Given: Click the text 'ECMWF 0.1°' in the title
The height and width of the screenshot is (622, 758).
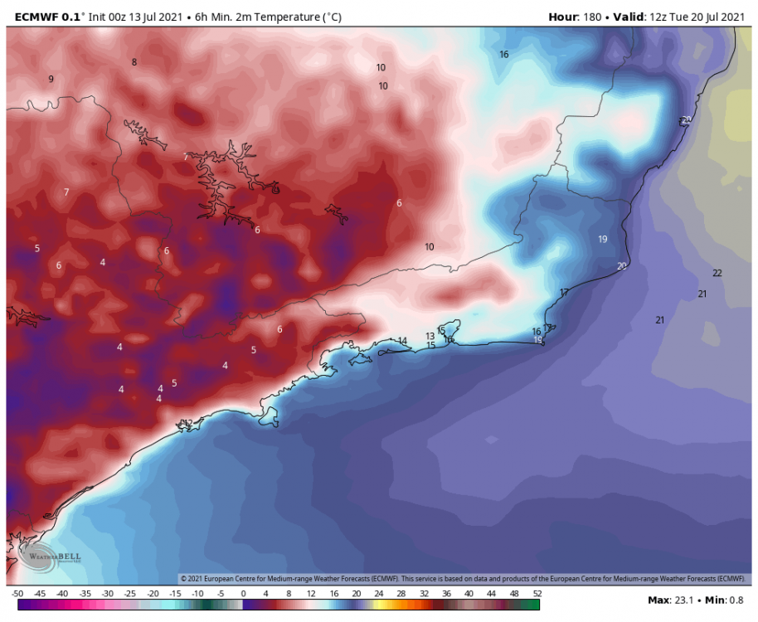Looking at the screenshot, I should pyautogui.click(x=46, y=17).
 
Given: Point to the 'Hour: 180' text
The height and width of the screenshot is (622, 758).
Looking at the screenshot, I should pyautogui.click(x=576, y=17).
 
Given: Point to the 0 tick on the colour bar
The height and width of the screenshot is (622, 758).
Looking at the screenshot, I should pyautogui.click(x=243, y=594).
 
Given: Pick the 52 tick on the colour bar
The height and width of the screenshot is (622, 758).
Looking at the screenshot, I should pyautogui.click(x=537, y=594).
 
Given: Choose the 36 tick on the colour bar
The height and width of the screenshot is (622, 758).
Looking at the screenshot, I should pyautogui.click(x=447, y=594).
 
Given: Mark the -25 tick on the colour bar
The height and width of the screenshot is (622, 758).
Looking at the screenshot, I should pyautogui.click(x=129, y=594).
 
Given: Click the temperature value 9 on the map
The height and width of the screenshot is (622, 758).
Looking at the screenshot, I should pyautogui.click(x=51, y=80).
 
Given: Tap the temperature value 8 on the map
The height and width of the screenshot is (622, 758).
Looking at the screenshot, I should pyautogui.click(x=134, y=62).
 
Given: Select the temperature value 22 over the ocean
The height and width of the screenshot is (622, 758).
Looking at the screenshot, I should pyautogui.click(x=717, y=274).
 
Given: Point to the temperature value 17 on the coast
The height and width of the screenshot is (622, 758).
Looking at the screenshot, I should pyautogui.click(x=564, y=293).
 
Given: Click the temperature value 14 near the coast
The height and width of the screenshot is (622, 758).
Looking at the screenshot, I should pyautogui.click(x=402, y=341).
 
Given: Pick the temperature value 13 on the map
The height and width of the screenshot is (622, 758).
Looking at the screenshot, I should pyautogui.click(x=430, y=336).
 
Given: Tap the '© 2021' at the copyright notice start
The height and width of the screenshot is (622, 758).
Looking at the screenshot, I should pyautogui.click(x=192, y=579).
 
